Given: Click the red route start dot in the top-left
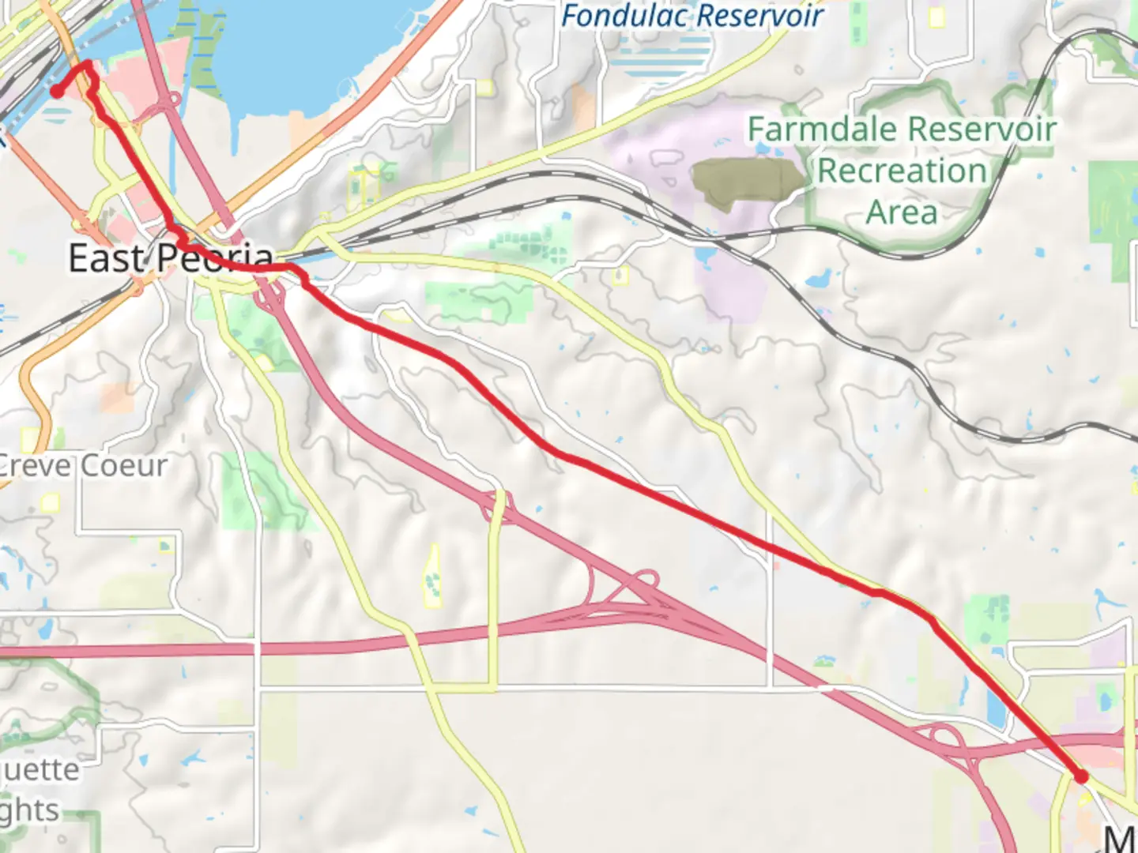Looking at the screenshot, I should pyautogui.click(x=57, y=92).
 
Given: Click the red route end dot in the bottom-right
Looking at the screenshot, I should pyautogui.click(x=1081, y=777).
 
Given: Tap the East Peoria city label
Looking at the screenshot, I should pyautogui.click(x=171, y=258).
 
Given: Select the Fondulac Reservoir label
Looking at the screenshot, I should pyautogui.click(x=692, y=16).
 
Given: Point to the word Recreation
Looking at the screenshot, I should pyautogui.click(x=902, y=171).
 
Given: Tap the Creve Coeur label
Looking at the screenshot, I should pyautogui.click(x=83, y=465).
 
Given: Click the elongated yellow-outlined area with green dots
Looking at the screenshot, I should pyautogui.click(x=432, y=577).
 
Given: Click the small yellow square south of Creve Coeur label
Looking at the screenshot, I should pyautogui.click(x=51, y=503).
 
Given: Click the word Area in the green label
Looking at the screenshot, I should pyautogui.click(x=902, y=212).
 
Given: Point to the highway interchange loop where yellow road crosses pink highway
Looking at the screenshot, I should pyautogui.click(x=496, y=505).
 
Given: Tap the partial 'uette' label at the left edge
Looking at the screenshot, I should pyautogui.click(x=40, y=769).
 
